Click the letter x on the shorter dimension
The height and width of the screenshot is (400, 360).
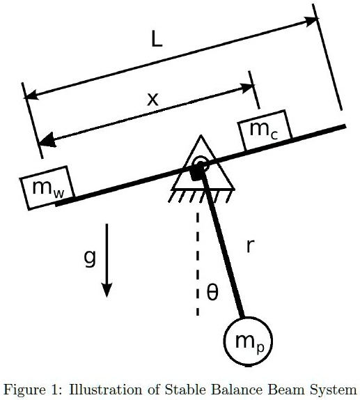tap(152, 98)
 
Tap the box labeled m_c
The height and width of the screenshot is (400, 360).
tap(265, 130)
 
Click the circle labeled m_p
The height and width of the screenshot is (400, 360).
tap(248, 341)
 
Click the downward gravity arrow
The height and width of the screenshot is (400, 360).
tap(107, 261)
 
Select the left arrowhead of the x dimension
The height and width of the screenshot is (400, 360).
tap(46, 139)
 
